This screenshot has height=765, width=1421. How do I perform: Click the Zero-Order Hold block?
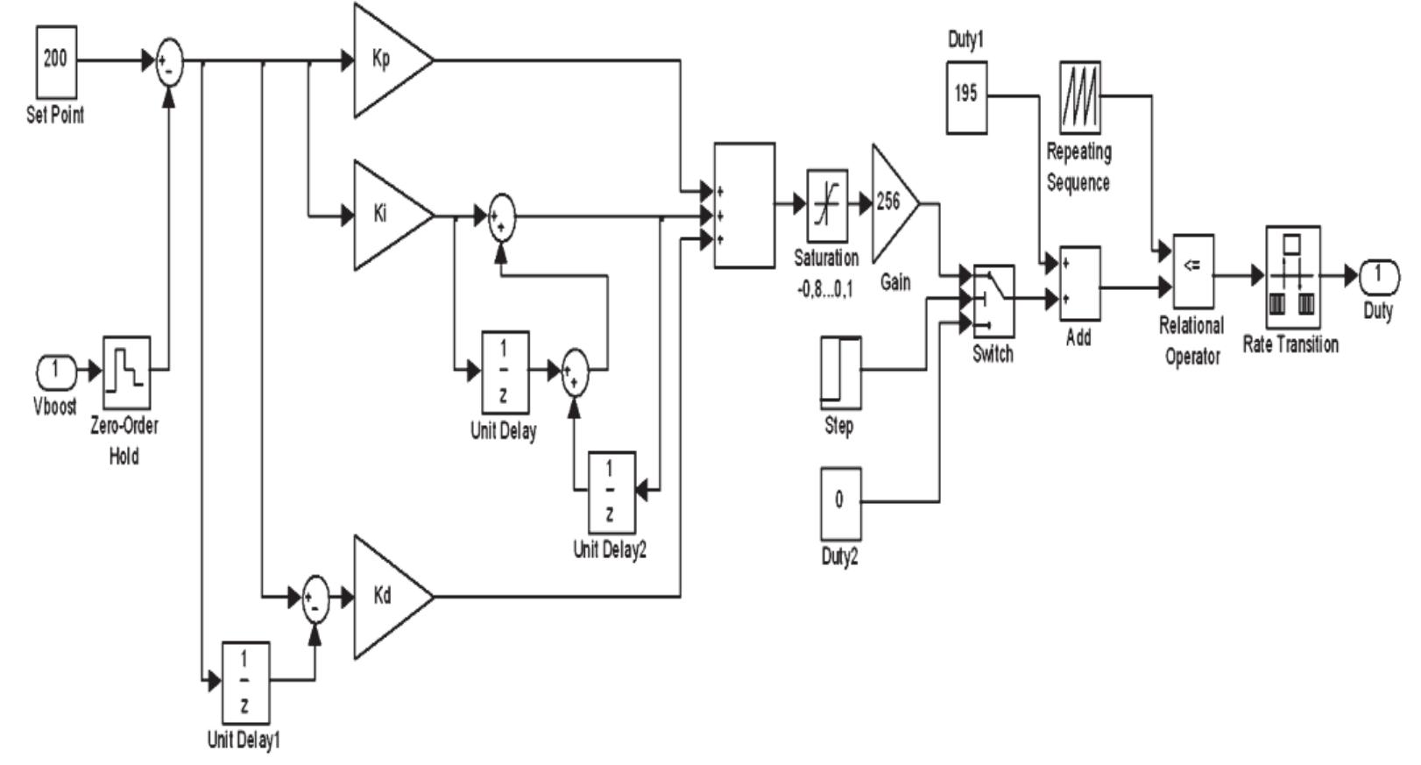click(x=127, y=372)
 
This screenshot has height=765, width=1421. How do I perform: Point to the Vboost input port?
click(x=56, y=371)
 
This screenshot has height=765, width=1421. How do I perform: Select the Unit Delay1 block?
click(x=244, y=683)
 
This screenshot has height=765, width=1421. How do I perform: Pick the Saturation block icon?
click(x=826, y=206)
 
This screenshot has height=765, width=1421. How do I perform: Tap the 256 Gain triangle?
click(x=890, y=203)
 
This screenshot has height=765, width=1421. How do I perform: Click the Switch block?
click(x=993, y=301)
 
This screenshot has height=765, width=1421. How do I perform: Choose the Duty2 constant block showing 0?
click(x=840, y=503)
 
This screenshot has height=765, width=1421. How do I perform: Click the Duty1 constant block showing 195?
click(x=966, y=96)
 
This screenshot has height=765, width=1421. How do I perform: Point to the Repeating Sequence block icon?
click(x=1079, y=97)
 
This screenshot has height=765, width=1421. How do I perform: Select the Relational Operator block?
click(x=1192, y=272)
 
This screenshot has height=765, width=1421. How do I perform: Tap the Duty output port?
click(x=1378, y=277)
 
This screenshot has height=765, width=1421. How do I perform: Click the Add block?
click(x=1079, y=282)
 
